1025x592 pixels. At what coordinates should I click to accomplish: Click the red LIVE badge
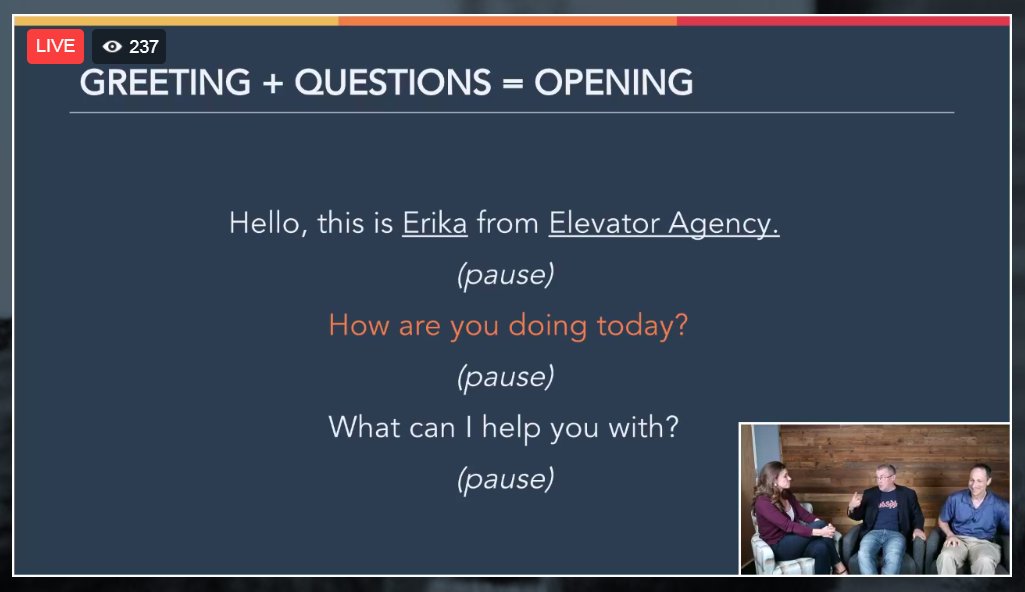(x=55, y=46)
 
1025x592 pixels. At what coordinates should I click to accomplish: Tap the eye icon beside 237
(x=112, y=47)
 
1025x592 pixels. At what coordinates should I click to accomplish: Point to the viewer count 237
(x=144, y=47)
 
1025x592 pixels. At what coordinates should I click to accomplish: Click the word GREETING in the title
(x=165, y=83)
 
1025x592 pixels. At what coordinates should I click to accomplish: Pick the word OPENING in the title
(x=613, y=83)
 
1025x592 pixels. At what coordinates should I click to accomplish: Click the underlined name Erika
(x=434, y=223)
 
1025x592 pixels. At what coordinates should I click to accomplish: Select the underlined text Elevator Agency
(x=663, y=223)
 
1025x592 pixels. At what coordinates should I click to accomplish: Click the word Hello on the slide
(x=265, y=223)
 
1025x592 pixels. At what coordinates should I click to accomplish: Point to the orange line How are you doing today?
(x=508, y=325)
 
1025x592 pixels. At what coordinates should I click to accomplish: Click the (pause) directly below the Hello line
(x=505, y=275)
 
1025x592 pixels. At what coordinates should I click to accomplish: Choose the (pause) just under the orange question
(x=505, y=377)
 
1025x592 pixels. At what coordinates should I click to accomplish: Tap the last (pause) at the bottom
(x=505, y=479)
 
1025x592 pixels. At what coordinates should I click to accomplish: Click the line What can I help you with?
(x=504, y=428)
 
